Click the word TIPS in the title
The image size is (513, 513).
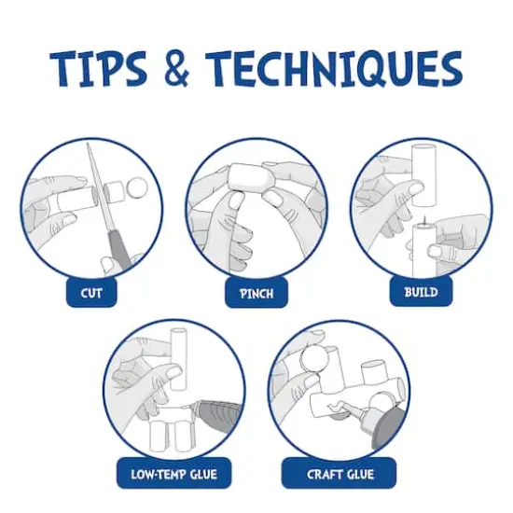pos(98,68)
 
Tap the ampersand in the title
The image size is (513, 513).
pos(177,69)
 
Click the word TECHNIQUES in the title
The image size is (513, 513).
pos(334,69)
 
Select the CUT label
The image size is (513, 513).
pos(91,293)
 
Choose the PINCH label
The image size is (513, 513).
pos(256,293)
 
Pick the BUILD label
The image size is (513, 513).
pos(421,292)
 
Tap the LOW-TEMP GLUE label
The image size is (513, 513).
pos(174,474)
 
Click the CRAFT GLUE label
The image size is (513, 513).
pos(340,474)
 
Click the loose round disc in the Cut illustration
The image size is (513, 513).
pos(137,188)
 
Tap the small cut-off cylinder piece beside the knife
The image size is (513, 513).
pos(113,191)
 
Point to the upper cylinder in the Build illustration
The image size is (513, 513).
pos(424,175)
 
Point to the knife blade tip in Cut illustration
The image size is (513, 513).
pos(88,144)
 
